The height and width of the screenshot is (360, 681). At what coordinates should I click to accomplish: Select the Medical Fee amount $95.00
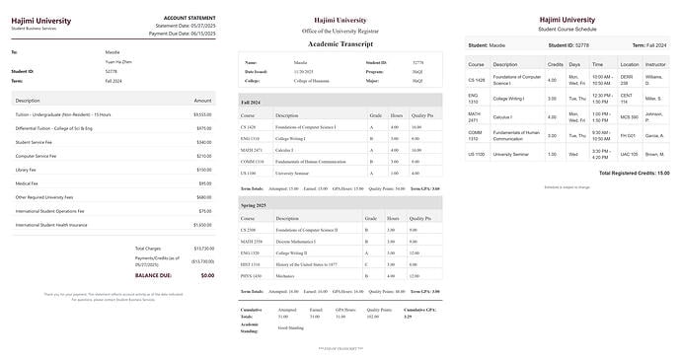pyautogui.click(x=204, y=183)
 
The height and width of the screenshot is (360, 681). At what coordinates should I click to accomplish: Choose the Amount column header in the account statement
pyautogui.click(x=202, y=101)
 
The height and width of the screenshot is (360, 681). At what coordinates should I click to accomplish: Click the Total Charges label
pyautogui.click(x=148, y=248)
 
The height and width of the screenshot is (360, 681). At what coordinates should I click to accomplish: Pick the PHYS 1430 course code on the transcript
pyautogui.click(x=252, y=276)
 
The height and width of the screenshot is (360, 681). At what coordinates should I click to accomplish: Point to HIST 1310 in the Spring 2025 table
pyautogui.click(x=251, y=264)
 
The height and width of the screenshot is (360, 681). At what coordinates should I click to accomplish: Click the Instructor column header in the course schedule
pyautogui.click(x=654, y=64)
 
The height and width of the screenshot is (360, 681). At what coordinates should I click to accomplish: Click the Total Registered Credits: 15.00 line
pyautogui.click(x=622, y=173)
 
